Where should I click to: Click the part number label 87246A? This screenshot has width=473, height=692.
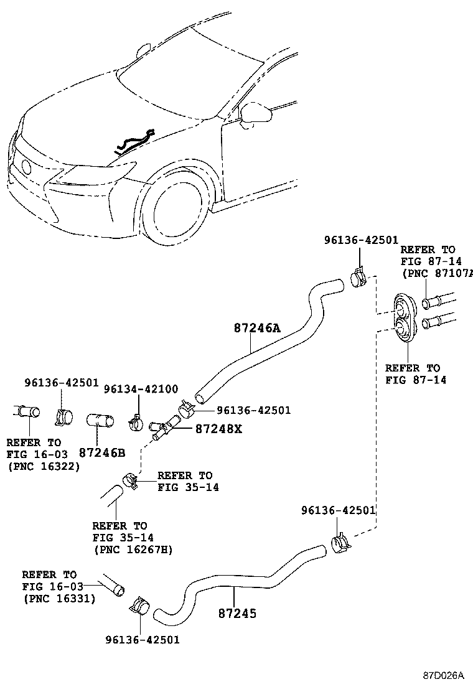pos(257,328)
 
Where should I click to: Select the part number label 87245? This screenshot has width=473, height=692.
pos(237,613)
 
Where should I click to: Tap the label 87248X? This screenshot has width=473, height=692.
pos(218,429)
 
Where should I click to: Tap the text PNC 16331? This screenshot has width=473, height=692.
pos(59,599)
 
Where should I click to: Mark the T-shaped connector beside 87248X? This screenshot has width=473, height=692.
pos(165,429)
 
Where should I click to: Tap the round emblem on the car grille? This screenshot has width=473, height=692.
pos(26,167)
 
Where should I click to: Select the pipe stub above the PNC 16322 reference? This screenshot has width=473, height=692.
pos(27,411)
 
